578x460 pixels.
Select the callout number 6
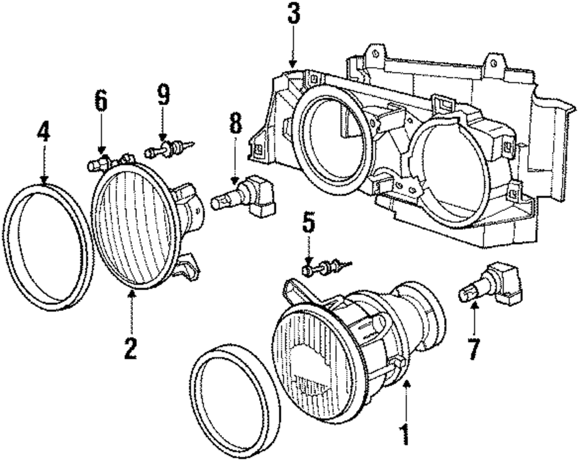[x=101, y=102]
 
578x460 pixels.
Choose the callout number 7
[x=473, y=348]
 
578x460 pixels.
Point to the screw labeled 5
[x=327, y=267]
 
